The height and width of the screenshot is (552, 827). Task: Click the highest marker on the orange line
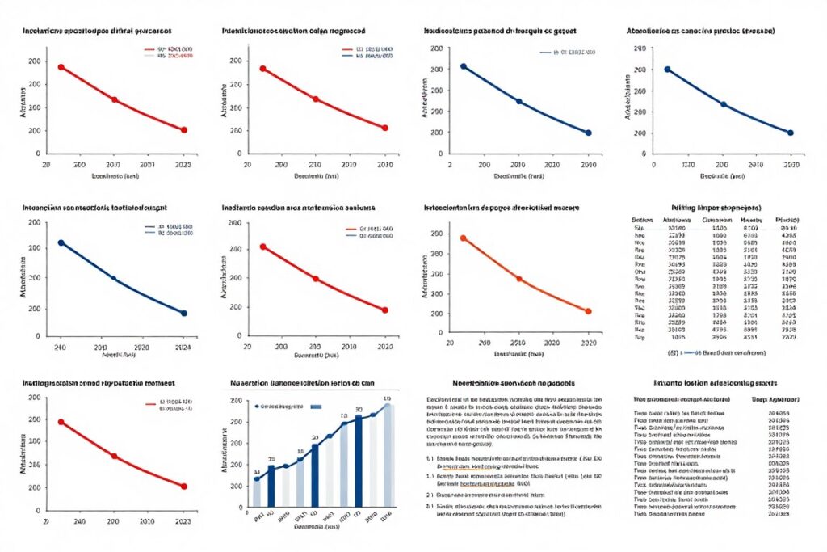(463, 238)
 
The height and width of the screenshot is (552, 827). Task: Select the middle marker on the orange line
(518, 279)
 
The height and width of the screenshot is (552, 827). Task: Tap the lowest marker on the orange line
(588, 311)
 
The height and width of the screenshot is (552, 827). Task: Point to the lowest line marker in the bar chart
(257, 479)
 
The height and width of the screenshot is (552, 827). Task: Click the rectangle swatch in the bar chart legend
(315, 407)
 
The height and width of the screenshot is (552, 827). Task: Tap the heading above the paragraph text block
(513, 381)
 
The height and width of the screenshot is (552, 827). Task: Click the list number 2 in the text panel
(428, 478)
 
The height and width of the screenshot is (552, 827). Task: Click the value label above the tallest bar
(387, 399)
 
